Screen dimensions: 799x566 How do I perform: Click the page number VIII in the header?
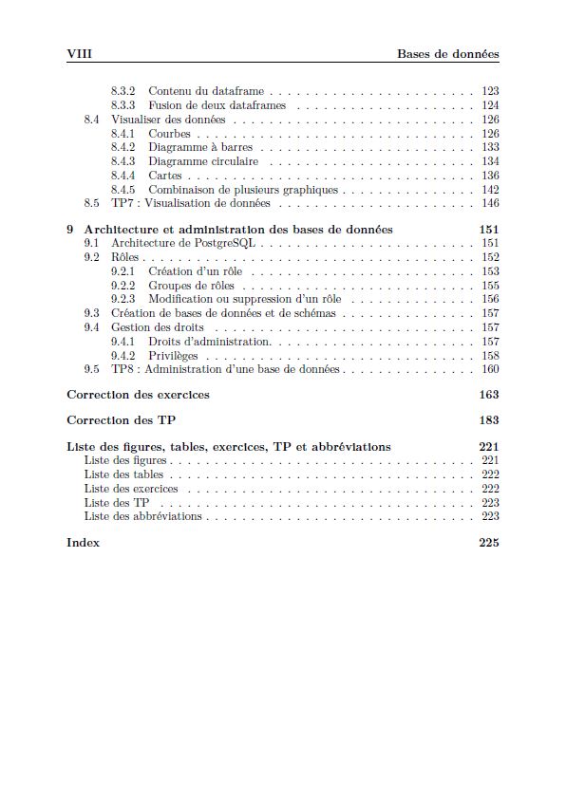coord(78,55)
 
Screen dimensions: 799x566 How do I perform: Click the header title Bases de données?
coord(447,55)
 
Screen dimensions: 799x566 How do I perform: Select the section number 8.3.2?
coord(123,92)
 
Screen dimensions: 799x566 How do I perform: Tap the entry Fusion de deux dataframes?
coord(217,105)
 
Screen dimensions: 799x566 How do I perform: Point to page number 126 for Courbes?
coord(490,134)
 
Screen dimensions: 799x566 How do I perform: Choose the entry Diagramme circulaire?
coord(202,161)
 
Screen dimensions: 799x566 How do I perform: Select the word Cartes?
coord(164,176)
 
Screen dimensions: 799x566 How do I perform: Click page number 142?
coord(490,189)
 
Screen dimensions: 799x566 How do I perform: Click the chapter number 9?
coord(70,230)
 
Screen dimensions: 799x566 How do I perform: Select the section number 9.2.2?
coord(123,286)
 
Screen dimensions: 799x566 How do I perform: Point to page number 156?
coord(490,299)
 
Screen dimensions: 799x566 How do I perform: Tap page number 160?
coord(490,369)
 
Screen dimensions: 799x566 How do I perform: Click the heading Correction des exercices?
coord(138,395)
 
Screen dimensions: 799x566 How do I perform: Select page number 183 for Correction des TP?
coord(489,420)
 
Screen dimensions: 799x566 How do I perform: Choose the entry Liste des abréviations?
coord(142,516)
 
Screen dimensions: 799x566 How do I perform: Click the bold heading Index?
coord(83,543)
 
